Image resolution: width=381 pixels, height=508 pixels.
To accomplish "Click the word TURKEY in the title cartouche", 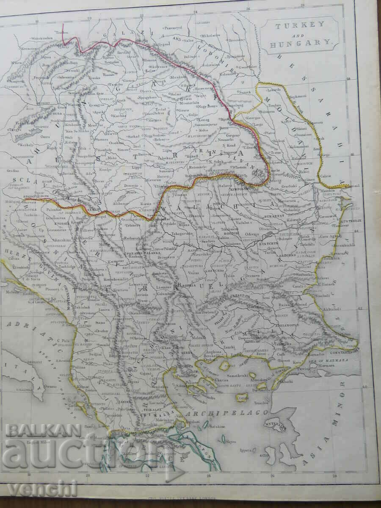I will click(x=298, y=26).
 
